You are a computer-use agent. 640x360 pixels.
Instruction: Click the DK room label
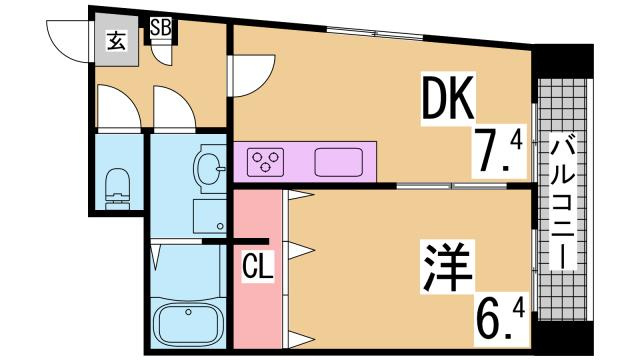(x=451, y=100)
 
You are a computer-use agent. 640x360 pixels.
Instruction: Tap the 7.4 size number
(x=497, y=151)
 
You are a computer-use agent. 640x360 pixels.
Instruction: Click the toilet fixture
(x=117, y=186)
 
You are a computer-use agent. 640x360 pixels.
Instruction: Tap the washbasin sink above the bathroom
(x=211, y=167)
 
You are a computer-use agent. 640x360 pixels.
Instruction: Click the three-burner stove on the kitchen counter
(x=268, y=161)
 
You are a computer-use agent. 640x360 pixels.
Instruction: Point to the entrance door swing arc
(x=70, y=38)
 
